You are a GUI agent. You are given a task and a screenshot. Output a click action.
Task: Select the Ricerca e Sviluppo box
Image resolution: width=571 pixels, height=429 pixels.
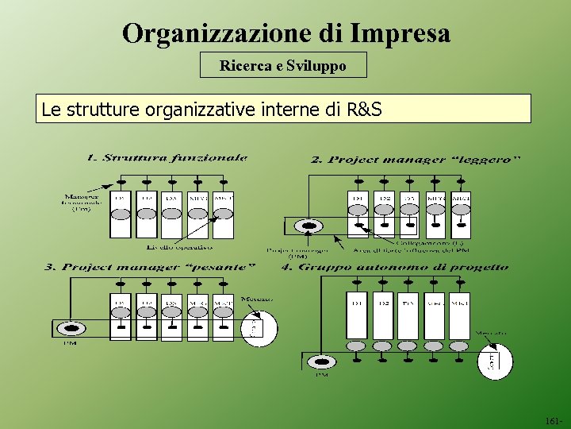(x=283, y=65)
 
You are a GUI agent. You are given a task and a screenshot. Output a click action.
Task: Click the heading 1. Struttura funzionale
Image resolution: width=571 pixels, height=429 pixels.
(x=167, y=158)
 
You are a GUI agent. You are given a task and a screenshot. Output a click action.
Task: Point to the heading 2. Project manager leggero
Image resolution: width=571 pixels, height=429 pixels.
(x=416, y=159)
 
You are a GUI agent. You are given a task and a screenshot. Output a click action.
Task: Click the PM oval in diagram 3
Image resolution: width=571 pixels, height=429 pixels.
(x=74, y=328)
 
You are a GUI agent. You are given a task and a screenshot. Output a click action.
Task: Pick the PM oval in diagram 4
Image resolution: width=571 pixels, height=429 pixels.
(x=321, y=362)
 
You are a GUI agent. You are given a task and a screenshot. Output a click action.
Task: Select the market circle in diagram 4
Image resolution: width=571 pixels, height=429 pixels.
(x=494, y=361)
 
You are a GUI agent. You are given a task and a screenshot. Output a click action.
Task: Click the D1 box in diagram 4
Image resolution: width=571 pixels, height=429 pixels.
(x=357, y=315)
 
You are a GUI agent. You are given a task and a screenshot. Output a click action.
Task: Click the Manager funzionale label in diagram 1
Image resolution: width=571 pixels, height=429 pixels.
(x=82, y=202)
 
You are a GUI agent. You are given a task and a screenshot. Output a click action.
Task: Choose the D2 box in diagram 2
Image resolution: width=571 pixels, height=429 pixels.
(x=383, y=214)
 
